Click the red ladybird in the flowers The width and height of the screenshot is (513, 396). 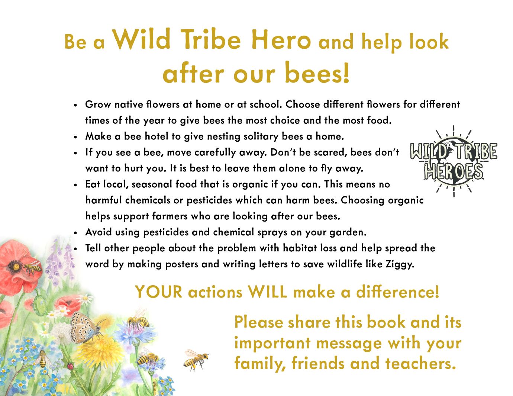[70, 366]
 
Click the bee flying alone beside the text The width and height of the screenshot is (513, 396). [196, 360]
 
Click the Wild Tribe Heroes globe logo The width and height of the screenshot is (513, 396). [454, 161]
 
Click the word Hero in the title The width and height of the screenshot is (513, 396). [281, 40]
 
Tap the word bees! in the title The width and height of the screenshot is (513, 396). [317, 73]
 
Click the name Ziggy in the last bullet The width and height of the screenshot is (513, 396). [400, 264]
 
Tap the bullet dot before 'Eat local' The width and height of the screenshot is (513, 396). [75, 185]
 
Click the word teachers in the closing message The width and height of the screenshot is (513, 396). [420, 363]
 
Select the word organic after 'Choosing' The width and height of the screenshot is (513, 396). [406, 201]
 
